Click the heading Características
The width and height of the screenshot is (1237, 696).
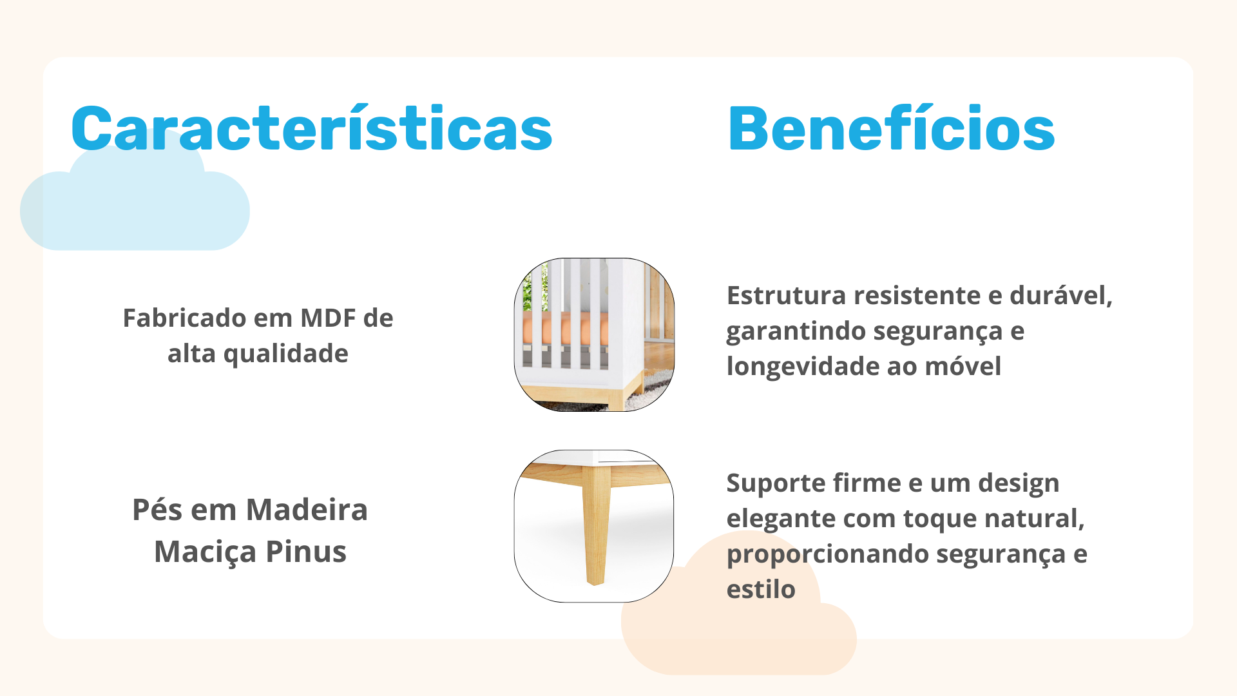coord(312,128)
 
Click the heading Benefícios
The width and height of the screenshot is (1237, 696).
coord(891,128)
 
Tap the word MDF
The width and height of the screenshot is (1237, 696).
coord(328,318)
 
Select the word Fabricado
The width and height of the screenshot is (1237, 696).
coord(184,318)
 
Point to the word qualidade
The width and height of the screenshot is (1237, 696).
coord(285,354)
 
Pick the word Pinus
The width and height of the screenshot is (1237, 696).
coord(306,552)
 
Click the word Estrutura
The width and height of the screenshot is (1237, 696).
coord(786,296)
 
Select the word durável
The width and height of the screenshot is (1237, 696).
coord(1061,296)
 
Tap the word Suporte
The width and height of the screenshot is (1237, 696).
coord(776,484)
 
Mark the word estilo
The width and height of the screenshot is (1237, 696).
coord(761,589)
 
